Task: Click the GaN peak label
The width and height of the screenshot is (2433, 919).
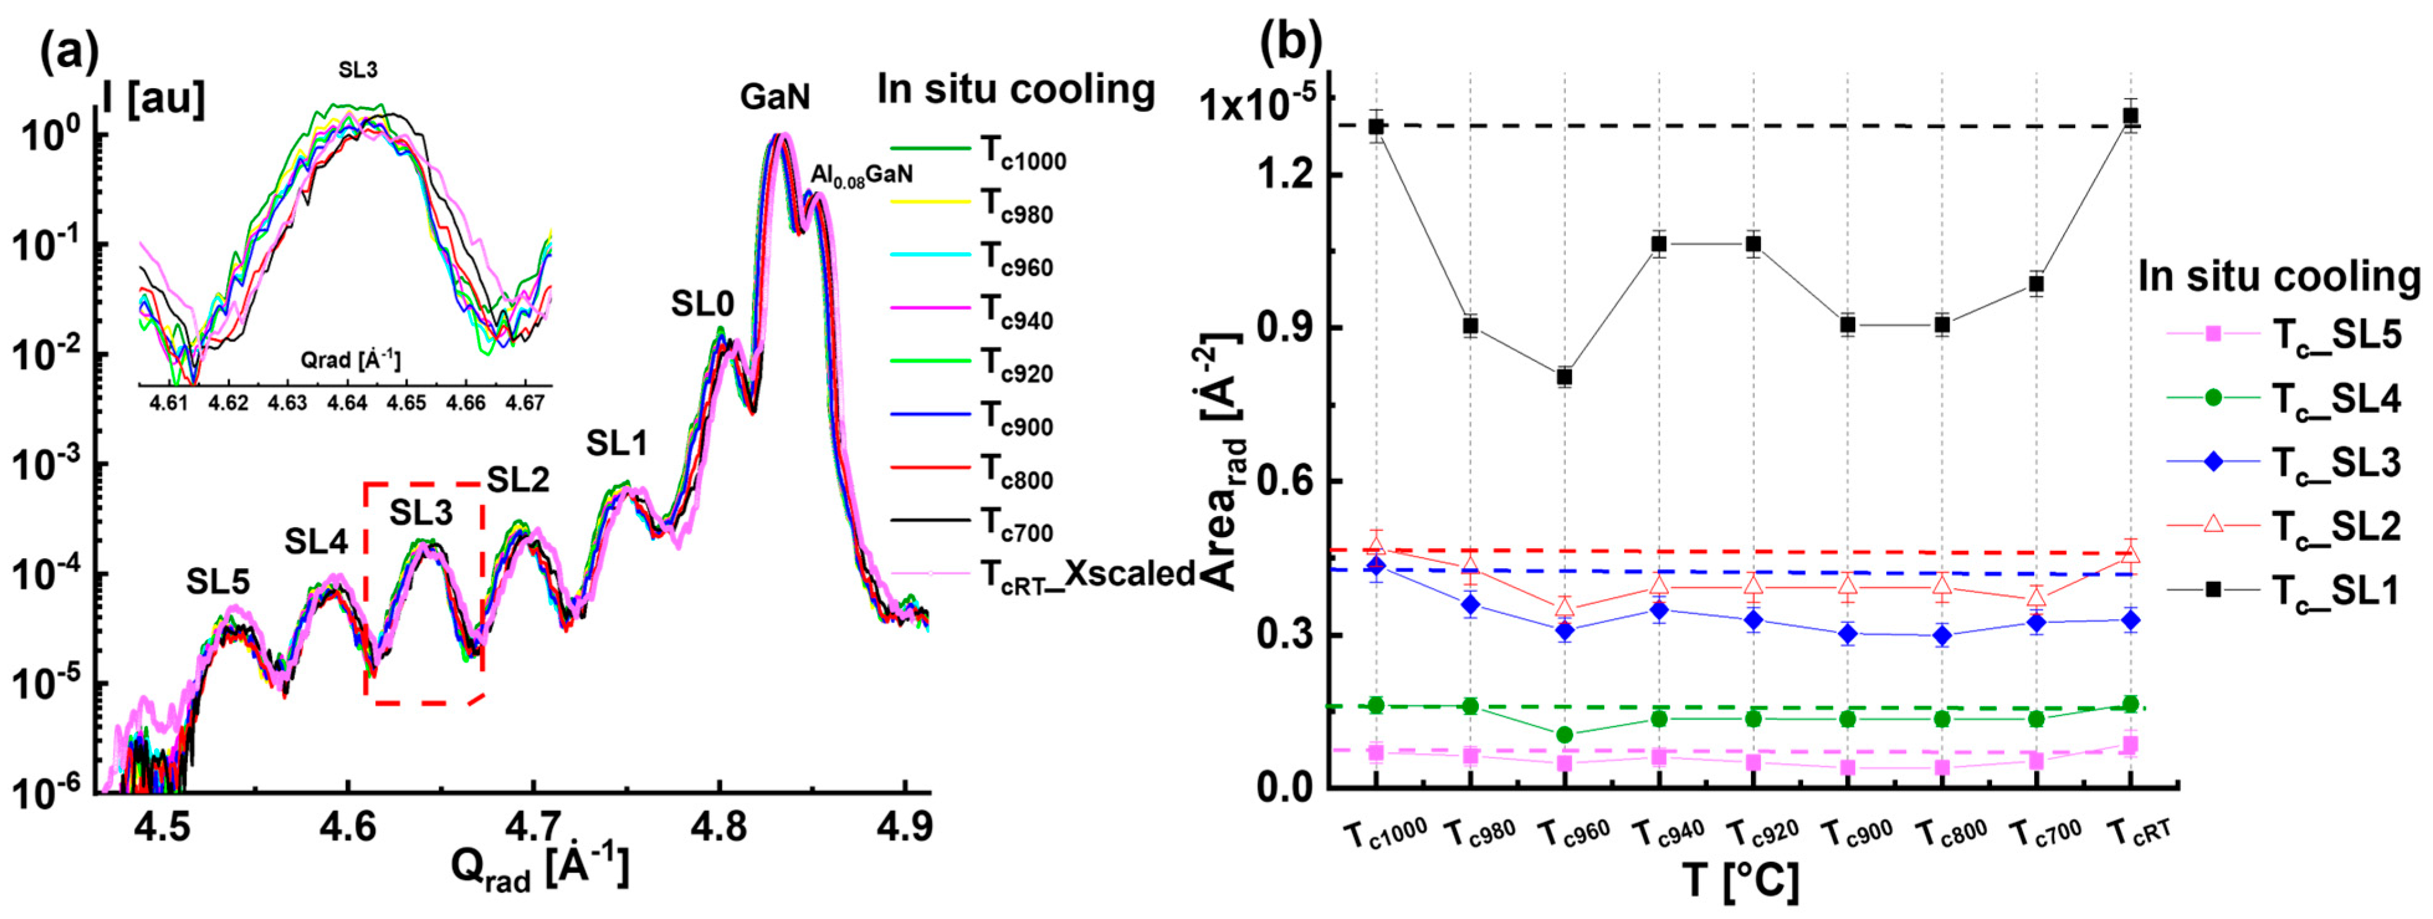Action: point(775,96)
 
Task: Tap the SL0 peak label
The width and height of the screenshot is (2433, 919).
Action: point(702,304)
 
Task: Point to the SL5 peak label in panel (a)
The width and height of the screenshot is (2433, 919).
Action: point(217,582)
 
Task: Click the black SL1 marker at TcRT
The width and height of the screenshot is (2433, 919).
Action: point(2130,116)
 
